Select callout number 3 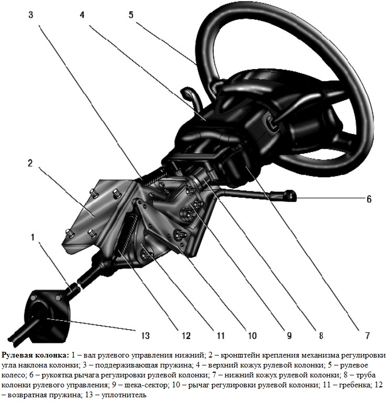[31, 15]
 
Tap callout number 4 [82, 15]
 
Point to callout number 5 [131, 15]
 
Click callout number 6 [369, 199]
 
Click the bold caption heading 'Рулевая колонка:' [35, 356]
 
